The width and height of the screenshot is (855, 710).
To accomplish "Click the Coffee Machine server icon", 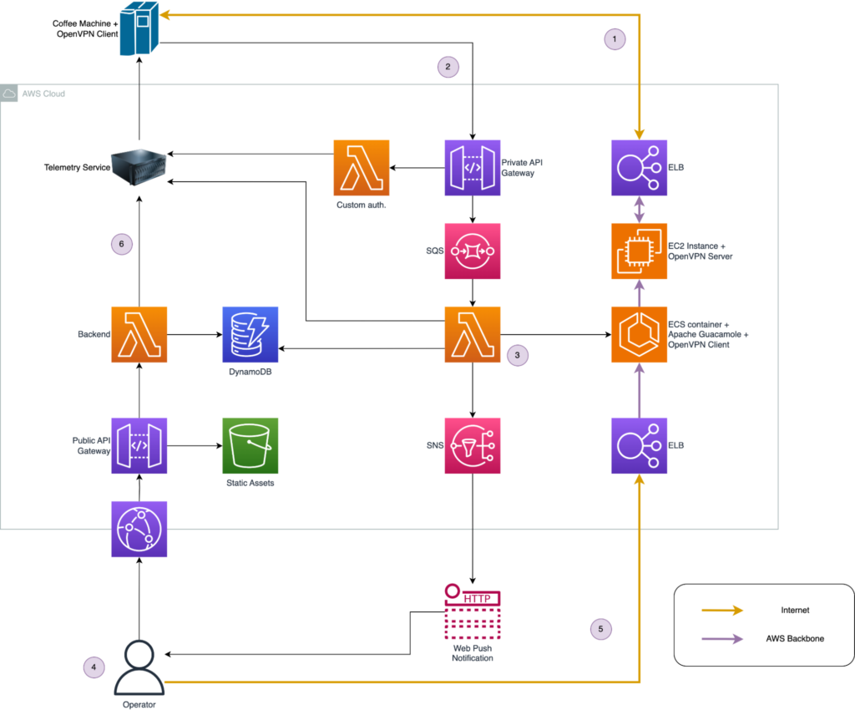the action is [139, 28].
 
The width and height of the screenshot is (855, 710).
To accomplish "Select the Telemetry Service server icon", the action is [139, 167].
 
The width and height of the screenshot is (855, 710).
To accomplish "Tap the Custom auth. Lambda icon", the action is [362, 167].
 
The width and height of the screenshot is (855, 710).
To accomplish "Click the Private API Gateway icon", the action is [473, 167].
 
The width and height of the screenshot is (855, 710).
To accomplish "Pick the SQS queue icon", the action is [473, 251].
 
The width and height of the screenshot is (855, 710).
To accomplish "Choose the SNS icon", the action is [473, 445].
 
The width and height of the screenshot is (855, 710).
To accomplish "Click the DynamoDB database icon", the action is [250, 334].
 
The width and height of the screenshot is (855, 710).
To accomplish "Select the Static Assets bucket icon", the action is [250, 445].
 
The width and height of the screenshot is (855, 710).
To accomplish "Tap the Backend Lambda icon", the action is [139, 334].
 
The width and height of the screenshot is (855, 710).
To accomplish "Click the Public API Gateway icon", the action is [139, 445].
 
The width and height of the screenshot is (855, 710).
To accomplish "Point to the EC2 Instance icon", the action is [639, 251].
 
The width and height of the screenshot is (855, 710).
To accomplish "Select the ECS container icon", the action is [639, 334].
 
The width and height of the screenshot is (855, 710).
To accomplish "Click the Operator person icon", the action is [139, 668].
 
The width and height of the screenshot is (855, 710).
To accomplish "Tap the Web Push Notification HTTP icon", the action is [473, 611].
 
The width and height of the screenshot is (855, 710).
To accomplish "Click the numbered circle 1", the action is [615, 38].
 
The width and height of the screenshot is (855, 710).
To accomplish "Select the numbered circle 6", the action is [122, 244].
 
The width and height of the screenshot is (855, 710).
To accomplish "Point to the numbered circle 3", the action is [518, 355].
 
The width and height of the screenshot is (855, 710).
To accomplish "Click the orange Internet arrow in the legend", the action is [722, 611].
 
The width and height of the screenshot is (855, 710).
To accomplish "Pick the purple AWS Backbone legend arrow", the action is [722, 638].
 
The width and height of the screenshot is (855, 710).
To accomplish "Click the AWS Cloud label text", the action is [43, 94].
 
